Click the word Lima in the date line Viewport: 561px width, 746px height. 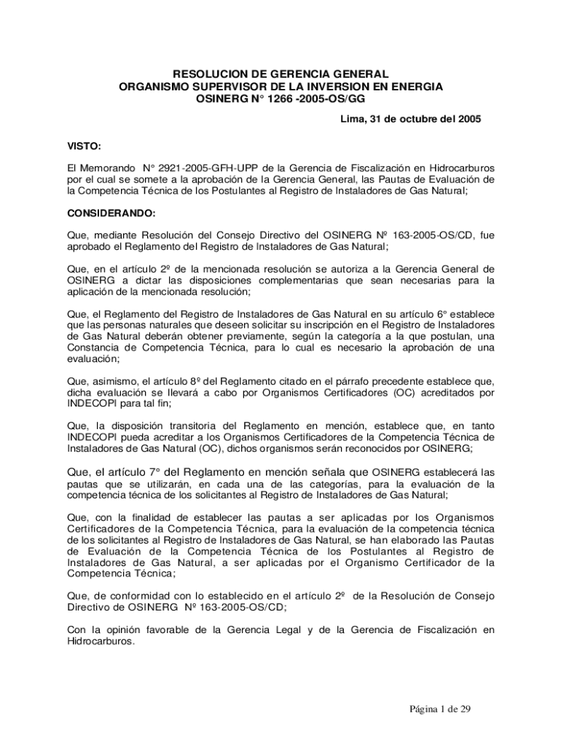(353, 118)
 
